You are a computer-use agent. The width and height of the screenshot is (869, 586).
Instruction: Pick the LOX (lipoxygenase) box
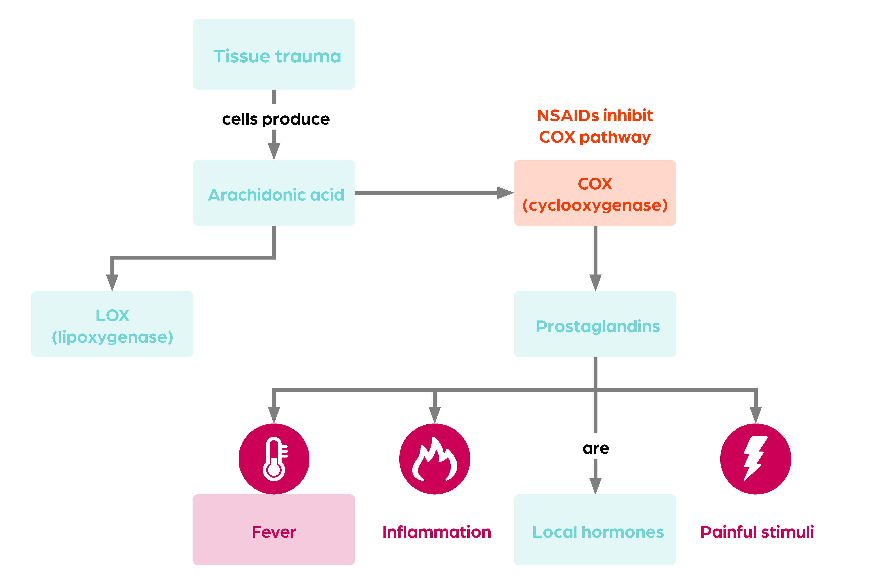112,324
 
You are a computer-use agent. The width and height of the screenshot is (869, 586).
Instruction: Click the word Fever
274,532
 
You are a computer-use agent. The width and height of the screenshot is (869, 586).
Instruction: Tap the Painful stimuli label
757,532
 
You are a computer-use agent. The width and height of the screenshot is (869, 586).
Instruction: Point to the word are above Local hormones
596,448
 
